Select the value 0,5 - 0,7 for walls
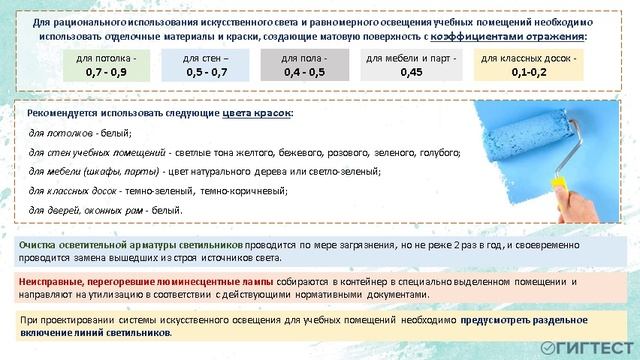pyautogui.click(x=207, y=72)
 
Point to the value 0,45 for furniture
pyautogui.click(x=410, y=72)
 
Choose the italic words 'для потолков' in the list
pyautogui.click(x=61, y=133)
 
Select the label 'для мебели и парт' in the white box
pyautogui.click(x=410, y=58)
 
